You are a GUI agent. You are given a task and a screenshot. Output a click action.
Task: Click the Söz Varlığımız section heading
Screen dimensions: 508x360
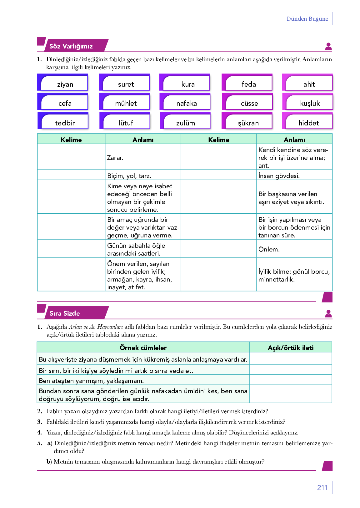point(71,46)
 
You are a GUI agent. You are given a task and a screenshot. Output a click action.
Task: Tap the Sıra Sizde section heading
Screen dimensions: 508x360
point(65,313)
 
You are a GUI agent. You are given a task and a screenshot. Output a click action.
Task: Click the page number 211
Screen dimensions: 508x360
point(322,487)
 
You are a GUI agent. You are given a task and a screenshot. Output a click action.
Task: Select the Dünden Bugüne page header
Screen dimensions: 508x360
point(307,19)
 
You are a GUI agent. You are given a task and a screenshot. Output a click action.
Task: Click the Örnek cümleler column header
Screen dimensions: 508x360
point(143,348)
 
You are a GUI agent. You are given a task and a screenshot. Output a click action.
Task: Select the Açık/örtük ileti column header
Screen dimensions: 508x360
point(291,348)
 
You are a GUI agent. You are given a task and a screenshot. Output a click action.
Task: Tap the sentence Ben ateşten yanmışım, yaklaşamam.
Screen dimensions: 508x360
point(92,380)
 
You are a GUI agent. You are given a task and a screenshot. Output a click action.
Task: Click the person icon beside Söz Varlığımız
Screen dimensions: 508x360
point(328,47)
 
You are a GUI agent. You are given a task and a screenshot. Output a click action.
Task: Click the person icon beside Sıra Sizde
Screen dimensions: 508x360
point(328,313)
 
